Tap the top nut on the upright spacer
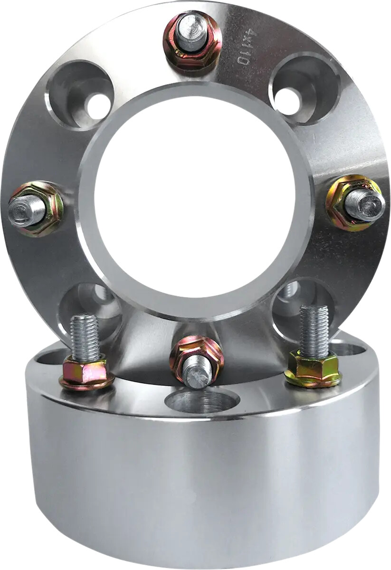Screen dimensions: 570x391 pos(192,41)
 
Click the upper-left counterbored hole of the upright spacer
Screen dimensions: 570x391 pos(80,95)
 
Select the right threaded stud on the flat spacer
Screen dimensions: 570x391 pos(314,330)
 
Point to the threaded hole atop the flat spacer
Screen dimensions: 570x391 pos(201,402)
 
